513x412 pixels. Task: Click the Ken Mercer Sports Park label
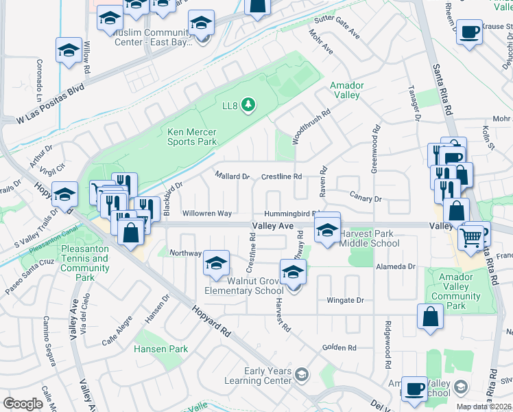click(192, 137)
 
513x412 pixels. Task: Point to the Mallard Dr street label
click(232, 176)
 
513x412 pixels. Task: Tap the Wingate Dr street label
click(344, 300)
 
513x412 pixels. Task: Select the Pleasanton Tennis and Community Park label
click(84, 263)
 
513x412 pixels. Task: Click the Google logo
click(23, 404)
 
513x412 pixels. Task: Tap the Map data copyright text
click(484, 407)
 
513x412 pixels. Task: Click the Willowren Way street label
click(206, 214)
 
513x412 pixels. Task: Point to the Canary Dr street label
click(365, 199)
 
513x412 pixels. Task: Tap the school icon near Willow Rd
click(69, 51)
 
